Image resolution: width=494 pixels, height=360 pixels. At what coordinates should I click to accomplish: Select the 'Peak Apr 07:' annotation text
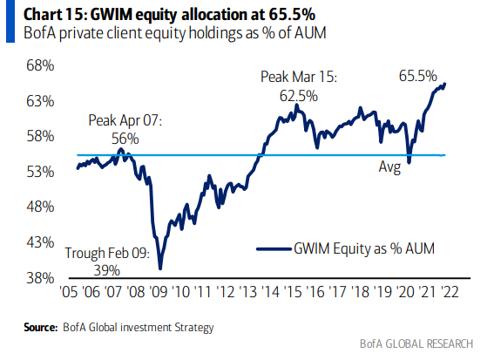(124, 120)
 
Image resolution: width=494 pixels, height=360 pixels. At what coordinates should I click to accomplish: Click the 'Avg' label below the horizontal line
(389, 167)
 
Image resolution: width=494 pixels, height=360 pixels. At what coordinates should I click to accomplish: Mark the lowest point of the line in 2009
(161, 268)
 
